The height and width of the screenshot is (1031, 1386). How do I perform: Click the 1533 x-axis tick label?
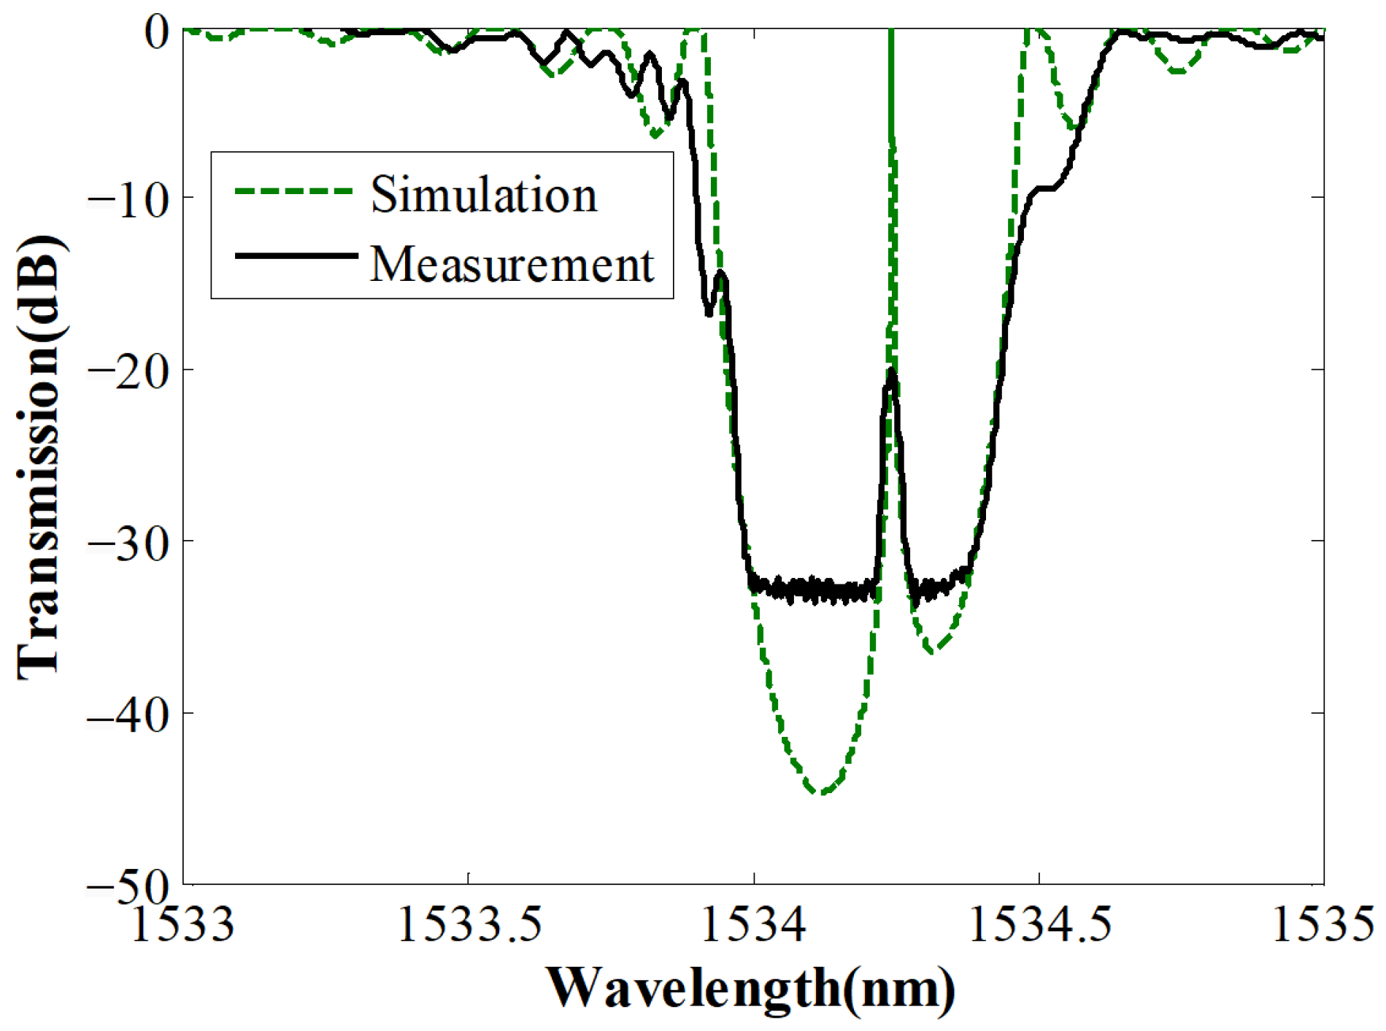pos(182,924)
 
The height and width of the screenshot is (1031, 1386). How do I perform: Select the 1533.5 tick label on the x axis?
pos(469,924)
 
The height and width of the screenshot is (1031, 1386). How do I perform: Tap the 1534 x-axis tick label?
pos(753,924)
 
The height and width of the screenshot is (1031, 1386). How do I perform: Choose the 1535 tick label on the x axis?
pos(1323,924)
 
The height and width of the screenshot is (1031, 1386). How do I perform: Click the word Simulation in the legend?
pos(484,195)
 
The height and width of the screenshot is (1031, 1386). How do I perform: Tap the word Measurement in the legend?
pos(512,263)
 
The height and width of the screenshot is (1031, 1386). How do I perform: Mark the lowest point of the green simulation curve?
pos(820,792)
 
